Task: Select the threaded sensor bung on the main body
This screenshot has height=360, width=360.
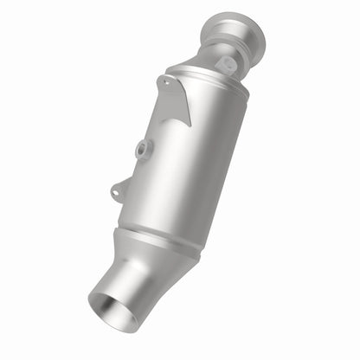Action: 140,149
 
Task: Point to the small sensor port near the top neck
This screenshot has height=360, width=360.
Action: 227,64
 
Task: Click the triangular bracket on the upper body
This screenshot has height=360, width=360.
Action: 176,98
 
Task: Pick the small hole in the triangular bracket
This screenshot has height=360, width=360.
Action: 164,84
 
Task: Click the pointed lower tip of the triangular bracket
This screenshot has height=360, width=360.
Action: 190,124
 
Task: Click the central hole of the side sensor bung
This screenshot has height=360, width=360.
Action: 139,150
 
